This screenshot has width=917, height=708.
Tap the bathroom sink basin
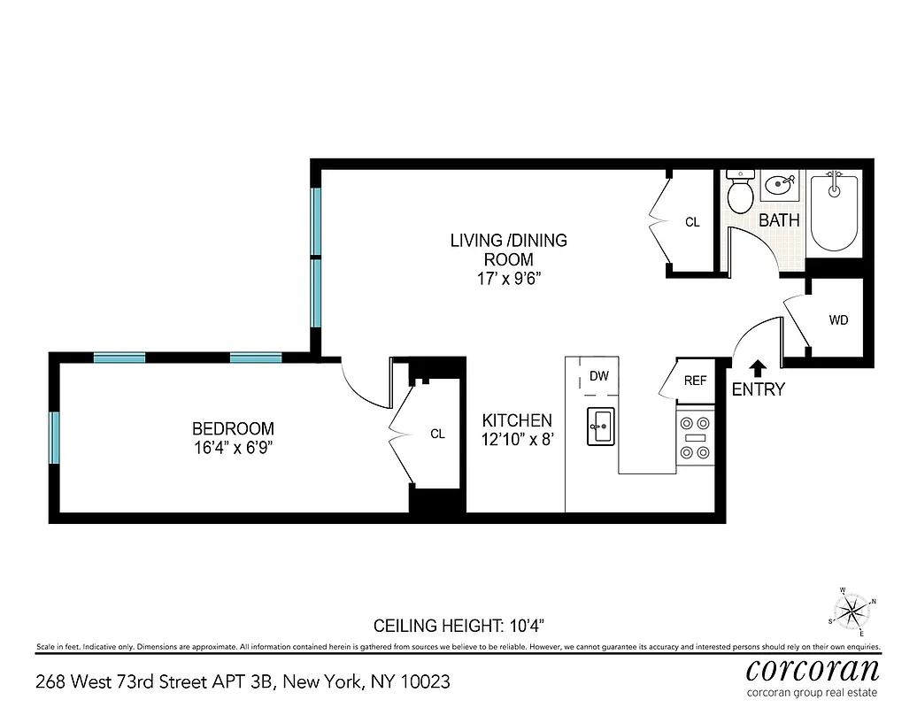780,187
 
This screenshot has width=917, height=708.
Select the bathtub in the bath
835,212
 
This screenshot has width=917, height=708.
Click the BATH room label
779,220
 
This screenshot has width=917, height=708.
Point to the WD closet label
838,319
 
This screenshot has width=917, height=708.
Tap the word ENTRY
758,389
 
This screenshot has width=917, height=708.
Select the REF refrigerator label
696,381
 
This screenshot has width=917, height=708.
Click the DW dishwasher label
599,376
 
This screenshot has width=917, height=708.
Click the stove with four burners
695,438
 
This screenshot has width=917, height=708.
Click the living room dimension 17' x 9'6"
508,279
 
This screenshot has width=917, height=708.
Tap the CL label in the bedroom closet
437,434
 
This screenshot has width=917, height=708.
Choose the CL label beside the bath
692,222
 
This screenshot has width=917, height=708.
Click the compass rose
851,610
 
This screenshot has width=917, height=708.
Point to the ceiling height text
465,626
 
